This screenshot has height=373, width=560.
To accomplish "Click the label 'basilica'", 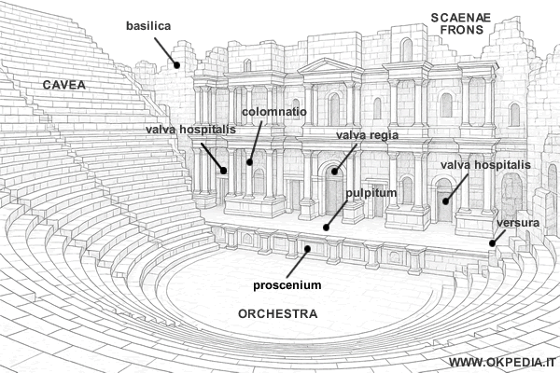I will [147, 26].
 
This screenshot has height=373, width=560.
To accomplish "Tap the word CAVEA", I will [64, 85].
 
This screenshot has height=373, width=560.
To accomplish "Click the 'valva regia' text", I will [367, 135].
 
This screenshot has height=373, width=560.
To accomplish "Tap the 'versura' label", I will [517, 224].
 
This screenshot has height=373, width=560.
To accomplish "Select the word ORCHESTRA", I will [277, 313].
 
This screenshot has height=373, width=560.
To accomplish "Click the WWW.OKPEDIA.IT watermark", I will [501, 362].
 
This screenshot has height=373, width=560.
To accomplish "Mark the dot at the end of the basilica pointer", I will [177, 64].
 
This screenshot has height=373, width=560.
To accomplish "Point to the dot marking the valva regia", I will [332, 172].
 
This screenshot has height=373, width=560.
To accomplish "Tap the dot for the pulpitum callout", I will [326, 227].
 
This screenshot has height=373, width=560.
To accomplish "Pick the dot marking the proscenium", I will [308, 249].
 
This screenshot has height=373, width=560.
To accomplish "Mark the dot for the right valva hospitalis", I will [445, 200].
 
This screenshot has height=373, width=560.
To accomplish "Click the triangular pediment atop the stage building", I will [324, 64].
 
